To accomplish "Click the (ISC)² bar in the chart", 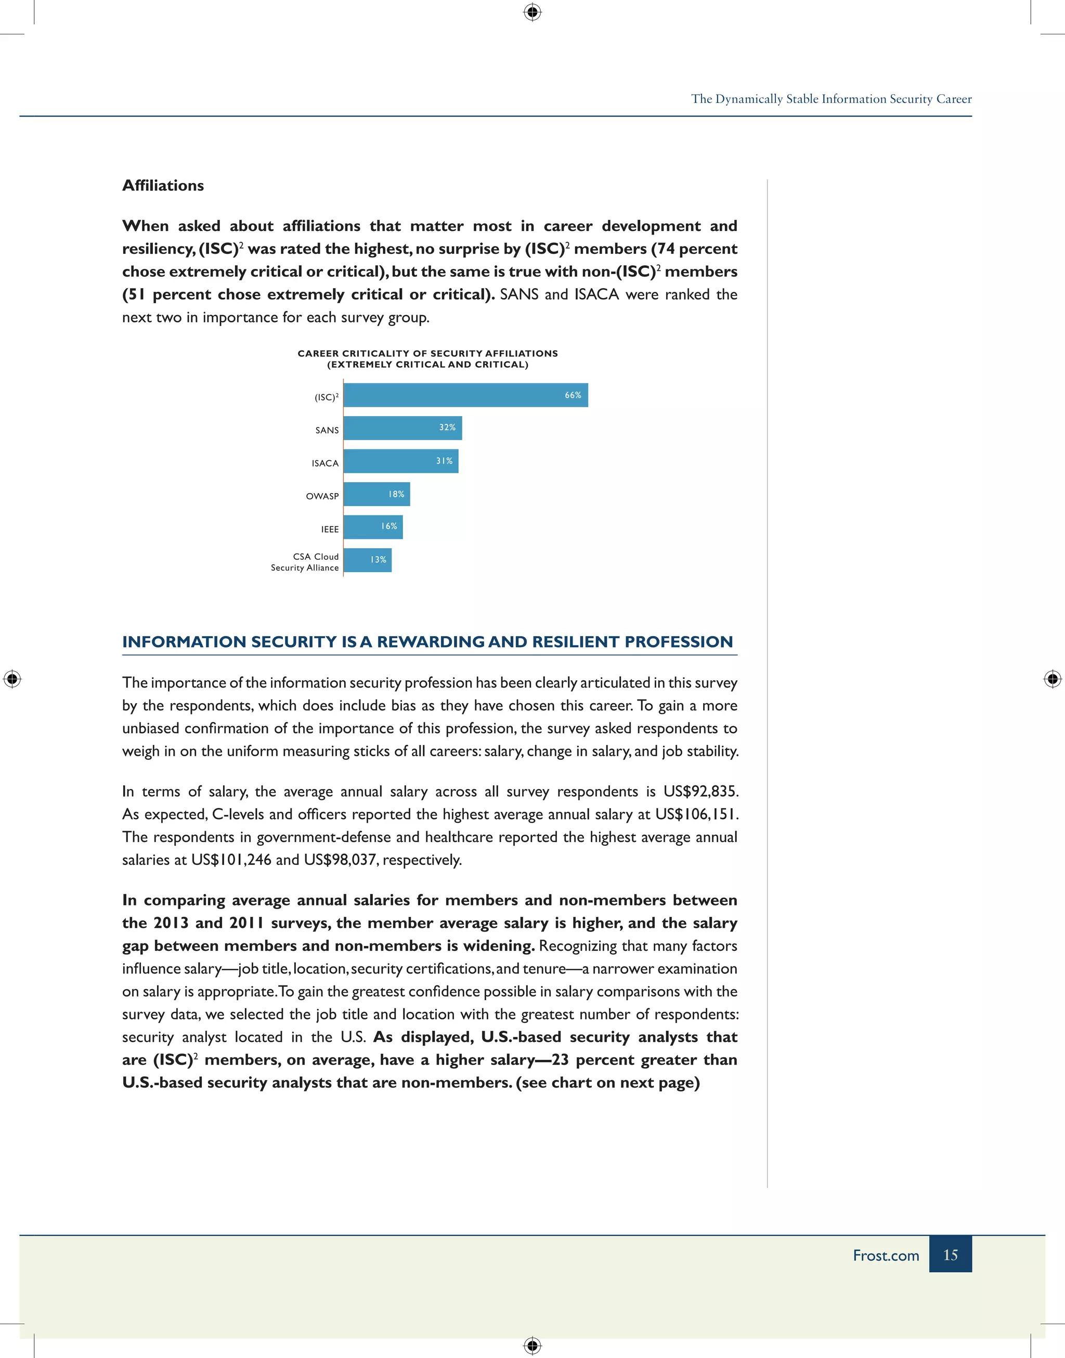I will click(465, 395).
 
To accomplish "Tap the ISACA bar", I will click(400, 461).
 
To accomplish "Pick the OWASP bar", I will click(376, 495).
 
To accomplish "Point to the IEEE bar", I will click(372, 527).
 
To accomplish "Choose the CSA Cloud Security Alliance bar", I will click(367, 560).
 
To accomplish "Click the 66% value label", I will click(573, 395).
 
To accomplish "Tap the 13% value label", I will click(378, 560).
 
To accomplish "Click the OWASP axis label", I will click(322, 496).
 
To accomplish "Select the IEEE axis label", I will click(330, 529).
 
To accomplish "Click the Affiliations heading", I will click(163, 185).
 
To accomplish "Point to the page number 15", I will click(950, 1254).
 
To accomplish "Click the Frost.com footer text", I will click(886, 1255).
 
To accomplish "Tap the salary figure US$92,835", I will click(700, 791).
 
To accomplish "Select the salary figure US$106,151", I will click(696, 814).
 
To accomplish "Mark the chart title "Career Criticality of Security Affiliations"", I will click(428, 354).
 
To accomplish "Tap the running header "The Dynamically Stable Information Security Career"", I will click(830, 99).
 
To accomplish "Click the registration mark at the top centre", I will click(532, 12).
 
